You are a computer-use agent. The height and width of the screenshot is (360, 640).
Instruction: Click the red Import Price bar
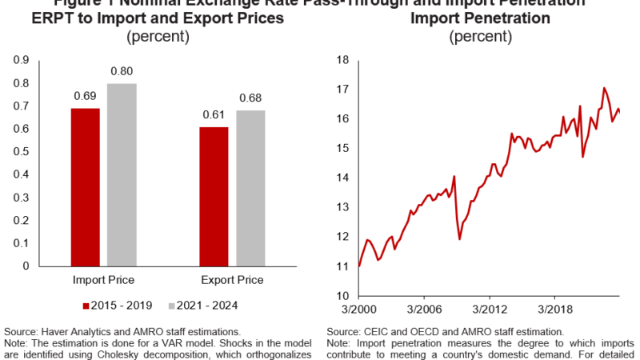click(85, 186)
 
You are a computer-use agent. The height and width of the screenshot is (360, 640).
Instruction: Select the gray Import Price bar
click(122, 174)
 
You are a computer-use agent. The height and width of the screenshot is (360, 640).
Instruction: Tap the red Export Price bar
click(214, 196)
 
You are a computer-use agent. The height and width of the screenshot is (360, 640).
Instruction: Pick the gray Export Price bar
click(250, 188)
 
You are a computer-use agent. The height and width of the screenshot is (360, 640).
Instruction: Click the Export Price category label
click(232, 280)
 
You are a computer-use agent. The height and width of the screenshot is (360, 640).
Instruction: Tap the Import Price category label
click(103, 280)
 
